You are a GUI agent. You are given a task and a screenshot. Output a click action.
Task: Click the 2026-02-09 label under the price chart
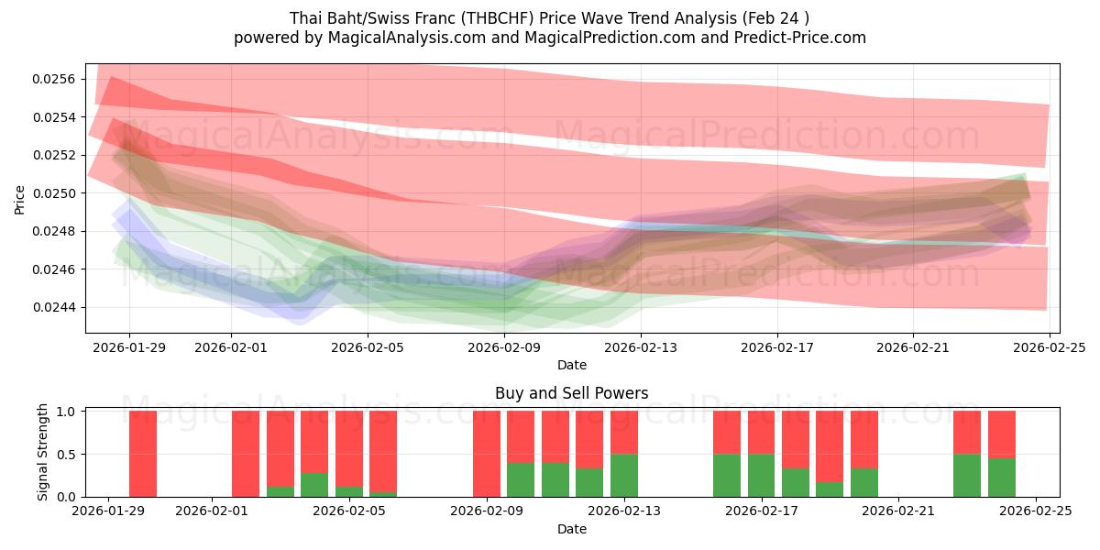pos(504,348)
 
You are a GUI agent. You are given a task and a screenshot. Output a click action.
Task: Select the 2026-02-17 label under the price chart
pos(777,348)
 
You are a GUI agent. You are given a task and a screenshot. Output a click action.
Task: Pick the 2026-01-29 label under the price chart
pos(128,348)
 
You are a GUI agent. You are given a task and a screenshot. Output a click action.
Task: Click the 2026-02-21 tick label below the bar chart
pos(898,511)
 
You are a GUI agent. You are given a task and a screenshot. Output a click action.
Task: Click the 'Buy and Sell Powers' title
pos(571,393)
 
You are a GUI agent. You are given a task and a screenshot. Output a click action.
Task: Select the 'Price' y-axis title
pos(20,199)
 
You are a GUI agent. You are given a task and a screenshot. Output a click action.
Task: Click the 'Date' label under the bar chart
pos(571,529)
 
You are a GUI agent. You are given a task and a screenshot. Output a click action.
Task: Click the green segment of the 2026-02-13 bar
pos(624,475)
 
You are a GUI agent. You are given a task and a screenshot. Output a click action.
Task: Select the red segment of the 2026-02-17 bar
pos(761,432)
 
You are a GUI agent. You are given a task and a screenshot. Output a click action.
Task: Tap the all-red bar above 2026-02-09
pos(487,454)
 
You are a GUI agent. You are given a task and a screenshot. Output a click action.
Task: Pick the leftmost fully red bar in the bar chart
pos(143,454)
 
